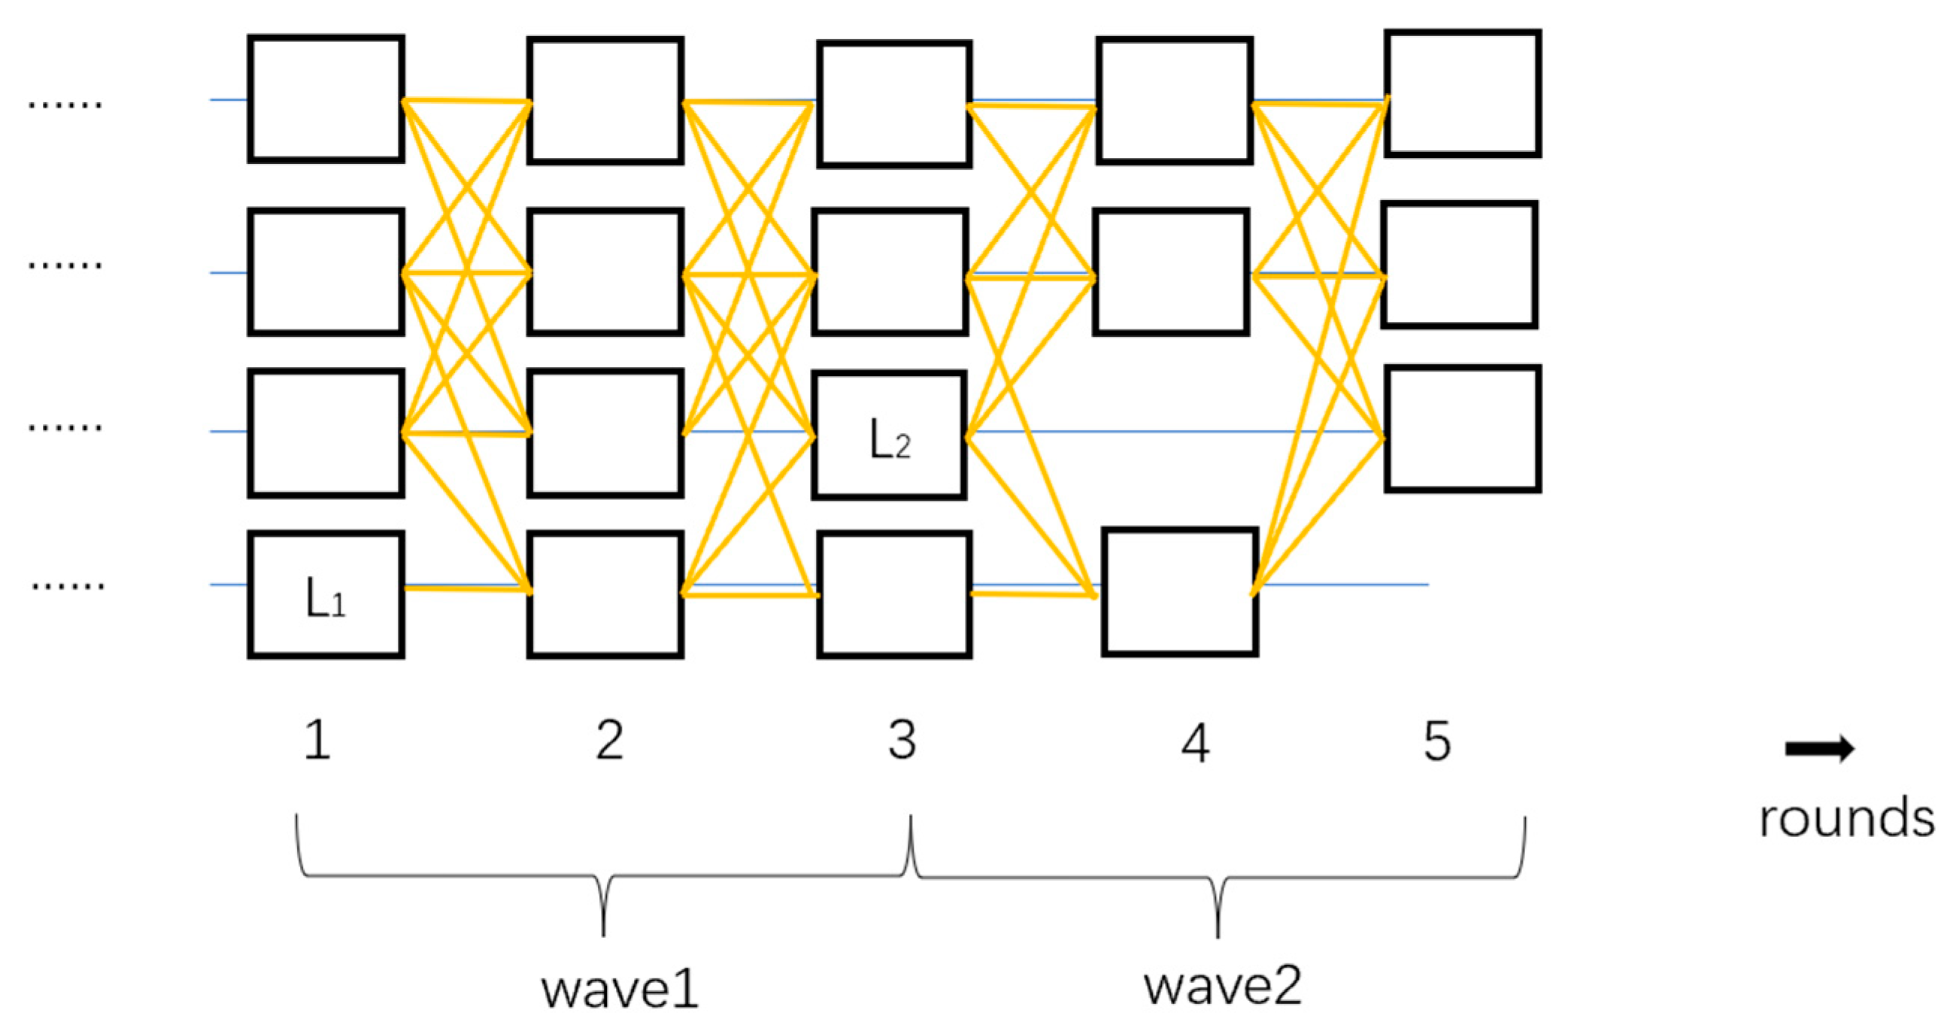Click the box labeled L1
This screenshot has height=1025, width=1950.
(326, 595)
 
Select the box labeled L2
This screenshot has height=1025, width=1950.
(890, 435)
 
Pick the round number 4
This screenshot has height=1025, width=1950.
(1195, 744)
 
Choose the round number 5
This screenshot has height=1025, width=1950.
(1438, 741)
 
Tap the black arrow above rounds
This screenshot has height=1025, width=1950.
(1819, 749)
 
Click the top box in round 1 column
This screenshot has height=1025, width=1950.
(326, 99)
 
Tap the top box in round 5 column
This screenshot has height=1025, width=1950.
(1463, 93)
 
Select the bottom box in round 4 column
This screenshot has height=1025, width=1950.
(1179, 592)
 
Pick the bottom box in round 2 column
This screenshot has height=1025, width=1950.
(605, 595)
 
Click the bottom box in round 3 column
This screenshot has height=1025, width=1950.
(894, 595)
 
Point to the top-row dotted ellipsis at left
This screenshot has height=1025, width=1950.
(65, 105)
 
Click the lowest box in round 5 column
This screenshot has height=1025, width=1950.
(1463, 429)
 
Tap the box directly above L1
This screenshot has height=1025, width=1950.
(326, 433)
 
